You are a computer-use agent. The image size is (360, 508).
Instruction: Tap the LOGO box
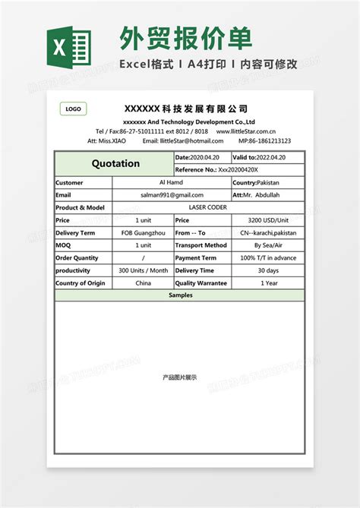click(x=73, y=109)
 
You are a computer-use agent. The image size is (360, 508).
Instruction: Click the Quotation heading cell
click(x=115, y=163)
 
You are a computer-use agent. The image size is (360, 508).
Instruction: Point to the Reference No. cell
click(x=238, y=170)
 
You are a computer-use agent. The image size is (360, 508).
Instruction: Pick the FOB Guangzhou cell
click(x=144, y=232)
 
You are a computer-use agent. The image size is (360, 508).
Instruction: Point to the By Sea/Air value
click(x=268, y=245)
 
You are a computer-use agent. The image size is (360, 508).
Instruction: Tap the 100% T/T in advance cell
click(x=268, y=257)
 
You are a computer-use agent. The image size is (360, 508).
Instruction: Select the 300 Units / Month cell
click(x=144, y=270)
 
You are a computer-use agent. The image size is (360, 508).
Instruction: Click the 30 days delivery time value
click(x=268, y=270)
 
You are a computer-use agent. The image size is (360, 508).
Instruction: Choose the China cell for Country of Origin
click(x=144, y=282)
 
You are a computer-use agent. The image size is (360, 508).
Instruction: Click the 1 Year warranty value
click(x=268, y=282)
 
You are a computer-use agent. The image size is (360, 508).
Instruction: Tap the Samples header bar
click(x=180, y=295)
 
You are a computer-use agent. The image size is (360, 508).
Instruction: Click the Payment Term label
click(x=195, y=257)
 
